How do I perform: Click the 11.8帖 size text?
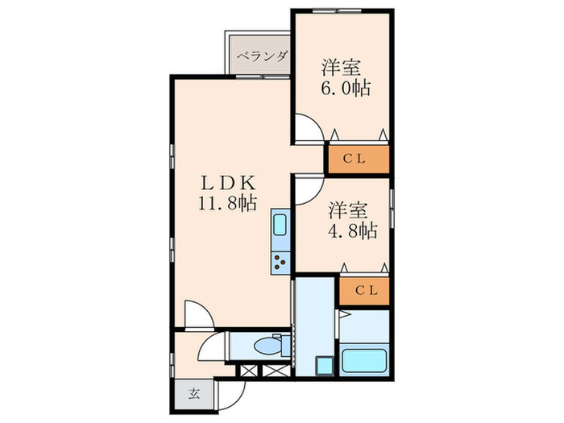click(228, 203)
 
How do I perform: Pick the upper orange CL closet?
click(357, 158)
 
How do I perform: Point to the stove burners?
click(280, 260)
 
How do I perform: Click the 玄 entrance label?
click(194, 394)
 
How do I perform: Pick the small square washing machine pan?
click(323, 366)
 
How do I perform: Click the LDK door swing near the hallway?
click(196, 313)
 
